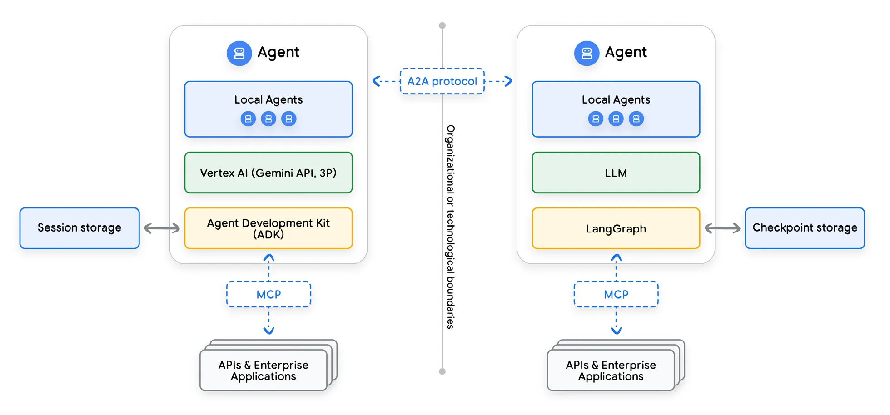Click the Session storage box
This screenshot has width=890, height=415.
point(80,228)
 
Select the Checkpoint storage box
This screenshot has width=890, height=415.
point(805,228)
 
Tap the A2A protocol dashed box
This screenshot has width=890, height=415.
point(442,81)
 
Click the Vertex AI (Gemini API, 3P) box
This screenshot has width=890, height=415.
point(268,173)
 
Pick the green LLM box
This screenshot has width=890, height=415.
point(616,173)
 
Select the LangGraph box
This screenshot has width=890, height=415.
point(616,228)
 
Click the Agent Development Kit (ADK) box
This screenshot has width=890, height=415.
point(268,228)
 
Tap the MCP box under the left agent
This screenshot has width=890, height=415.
point(268,294)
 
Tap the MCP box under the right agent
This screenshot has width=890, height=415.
point(616,294)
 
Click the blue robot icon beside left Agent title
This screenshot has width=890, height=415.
point(239,54)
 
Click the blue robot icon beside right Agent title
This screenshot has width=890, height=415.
point(587,54)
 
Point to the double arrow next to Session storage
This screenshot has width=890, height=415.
point(162,228)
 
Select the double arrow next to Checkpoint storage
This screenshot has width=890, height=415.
point(722,228)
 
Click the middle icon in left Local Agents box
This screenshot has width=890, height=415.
point(268,119)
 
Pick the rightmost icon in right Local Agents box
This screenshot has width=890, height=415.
point(636,119)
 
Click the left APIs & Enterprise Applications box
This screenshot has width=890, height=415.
point(264,370)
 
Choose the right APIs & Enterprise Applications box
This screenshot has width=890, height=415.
point(611,370)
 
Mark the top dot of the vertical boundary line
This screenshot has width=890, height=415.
point(442,25)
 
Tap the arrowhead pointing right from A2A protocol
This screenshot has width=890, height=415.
point(508,81)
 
